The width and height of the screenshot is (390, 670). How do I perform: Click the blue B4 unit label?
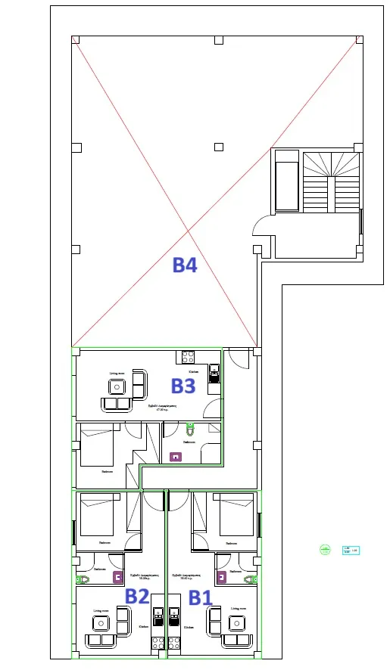185,265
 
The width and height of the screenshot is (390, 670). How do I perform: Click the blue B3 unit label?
183,386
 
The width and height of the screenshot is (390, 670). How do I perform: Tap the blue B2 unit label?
136,596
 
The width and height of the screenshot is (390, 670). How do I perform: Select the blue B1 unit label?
199,597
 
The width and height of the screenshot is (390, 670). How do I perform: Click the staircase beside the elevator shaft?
331,181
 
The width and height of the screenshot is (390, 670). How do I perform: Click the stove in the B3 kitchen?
188,355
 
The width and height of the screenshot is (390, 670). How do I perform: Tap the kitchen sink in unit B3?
214,371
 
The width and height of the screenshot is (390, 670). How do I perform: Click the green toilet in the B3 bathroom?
189,429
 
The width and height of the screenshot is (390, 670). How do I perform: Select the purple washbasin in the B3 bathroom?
177,456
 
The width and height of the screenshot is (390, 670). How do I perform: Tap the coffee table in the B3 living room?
117,387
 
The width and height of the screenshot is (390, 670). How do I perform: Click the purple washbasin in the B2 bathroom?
117,577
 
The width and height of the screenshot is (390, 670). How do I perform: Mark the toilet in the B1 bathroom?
250,578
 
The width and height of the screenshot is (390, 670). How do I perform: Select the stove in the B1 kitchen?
174,643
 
